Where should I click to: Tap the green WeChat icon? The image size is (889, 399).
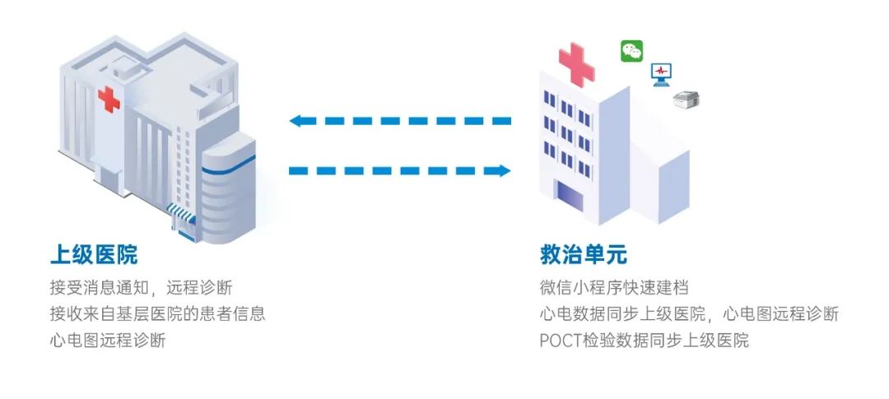click(632, 51)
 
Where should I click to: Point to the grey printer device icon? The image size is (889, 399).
click(686, 100)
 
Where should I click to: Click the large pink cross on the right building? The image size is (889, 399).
click(577, 64)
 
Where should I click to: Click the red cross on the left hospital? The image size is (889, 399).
click(109, 100)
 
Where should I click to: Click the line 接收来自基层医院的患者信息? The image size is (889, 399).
click(157, 313)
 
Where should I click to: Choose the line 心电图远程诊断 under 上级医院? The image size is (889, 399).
click(108, 339)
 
